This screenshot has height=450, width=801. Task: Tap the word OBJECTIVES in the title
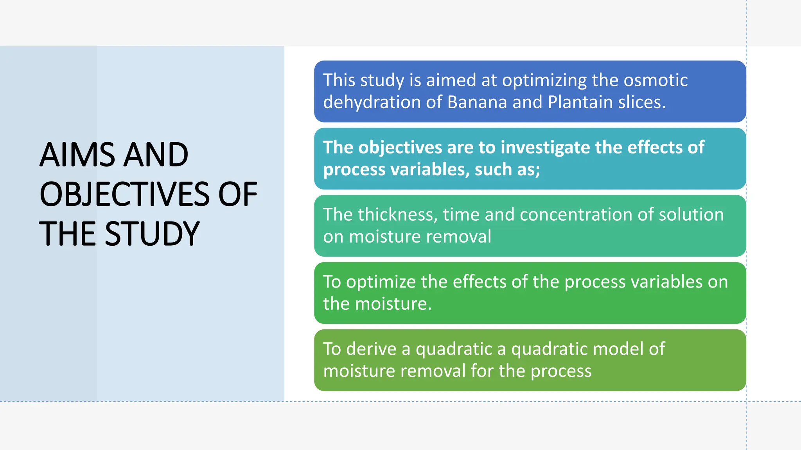click(x=125, y=194)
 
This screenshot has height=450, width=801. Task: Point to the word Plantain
click(x=580, y=102)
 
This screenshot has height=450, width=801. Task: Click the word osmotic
click(x=655, y=80)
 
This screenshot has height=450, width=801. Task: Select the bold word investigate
click(x=545, y=148)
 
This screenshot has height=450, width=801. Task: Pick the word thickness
click(x=397, y=215)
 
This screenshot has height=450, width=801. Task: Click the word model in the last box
click(x=618, y=349)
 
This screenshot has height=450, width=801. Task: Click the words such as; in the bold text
click(x=507, y=170)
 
